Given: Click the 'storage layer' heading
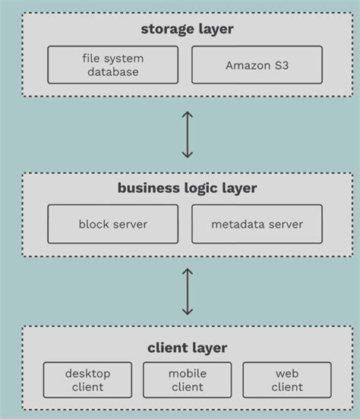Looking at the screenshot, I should (x=187, y=30).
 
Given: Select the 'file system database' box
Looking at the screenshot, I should (x=113, y=65).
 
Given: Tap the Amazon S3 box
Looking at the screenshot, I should (x=257, y=65).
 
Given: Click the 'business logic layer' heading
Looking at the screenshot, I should (x=187, y=189).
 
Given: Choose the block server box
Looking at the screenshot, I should (x=113, y=224).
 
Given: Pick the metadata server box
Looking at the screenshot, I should (x=257, y=224).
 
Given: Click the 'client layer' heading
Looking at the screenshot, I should (x=187, y=348).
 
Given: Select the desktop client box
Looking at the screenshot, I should (x=87, y=380).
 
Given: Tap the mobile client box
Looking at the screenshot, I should (x=187, y=380).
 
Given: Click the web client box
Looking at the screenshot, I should (x=286, y=380).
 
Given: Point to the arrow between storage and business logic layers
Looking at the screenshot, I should (x=188, y=135).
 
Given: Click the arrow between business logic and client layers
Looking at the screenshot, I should (x=188, y=291).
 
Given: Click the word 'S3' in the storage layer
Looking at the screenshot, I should (x=279, y=65).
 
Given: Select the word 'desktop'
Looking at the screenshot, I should (x=87, y=373).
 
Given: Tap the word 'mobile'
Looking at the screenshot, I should (x=187, y=373).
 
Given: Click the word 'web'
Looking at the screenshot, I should (x=286, y=373).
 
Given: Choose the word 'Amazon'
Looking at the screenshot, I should (x=247, y=65).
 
